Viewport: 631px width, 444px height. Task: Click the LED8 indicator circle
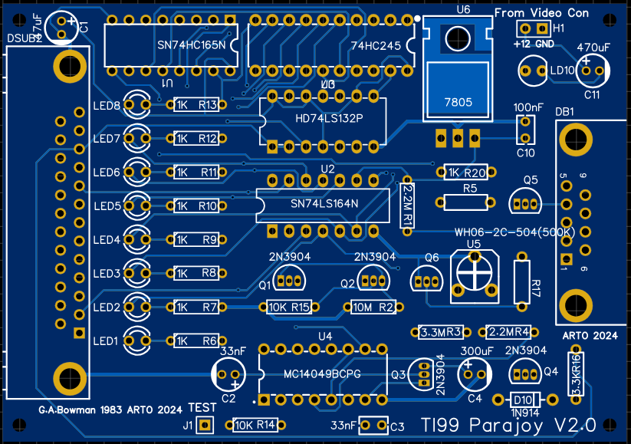coord(139,104)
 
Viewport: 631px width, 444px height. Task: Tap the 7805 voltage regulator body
coord(458,90)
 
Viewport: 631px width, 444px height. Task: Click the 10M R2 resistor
coord(372,307)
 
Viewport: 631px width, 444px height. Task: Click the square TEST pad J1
coord(205,425)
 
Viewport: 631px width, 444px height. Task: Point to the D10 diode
coord(523,400)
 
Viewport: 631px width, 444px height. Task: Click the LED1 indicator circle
coord(139,340)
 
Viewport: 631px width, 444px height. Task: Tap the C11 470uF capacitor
coord(593,70)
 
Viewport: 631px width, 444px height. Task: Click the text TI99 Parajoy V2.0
coord(508,425)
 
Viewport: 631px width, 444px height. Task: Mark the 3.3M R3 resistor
coord(440,332)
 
